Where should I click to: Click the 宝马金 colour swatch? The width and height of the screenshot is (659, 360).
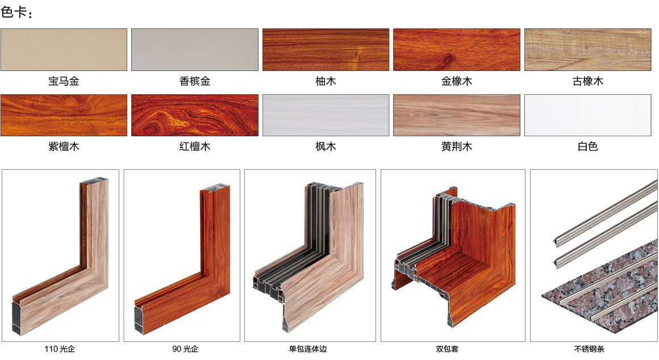[64, 49]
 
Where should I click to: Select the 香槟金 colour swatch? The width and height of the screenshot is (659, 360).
[195, 49]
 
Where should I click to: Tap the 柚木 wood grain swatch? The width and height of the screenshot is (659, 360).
[326, 49]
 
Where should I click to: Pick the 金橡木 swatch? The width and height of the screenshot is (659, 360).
[457, 49]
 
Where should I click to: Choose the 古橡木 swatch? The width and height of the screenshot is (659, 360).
[588, 49]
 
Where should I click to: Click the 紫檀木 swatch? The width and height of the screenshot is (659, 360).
[64, 115]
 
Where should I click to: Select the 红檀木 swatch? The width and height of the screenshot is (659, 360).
[195, 115]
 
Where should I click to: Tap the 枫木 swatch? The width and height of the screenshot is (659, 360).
[326, 115]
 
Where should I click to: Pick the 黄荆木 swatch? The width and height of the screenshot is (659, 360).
[457, 115]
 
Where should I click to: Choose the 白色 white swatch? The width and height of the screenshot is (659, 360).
[588, 115]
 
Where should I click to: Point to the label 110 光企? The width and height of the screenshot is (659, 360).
[60, 349]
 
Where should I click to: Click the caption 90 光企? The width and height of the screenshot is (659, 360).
[185, 349]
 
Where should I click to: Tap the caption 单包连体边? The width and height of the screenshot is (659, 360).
[308, 349]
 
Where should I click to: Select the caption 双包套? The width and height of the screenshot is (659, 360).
[447, 349]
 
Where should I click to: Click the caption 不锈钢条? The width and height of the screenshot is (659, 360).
[589, 349]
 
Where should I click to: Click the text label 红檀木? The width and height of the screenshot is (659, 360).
[195, 146]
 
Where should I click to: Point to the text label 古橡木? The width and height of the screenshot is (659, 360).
[588, 81]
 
